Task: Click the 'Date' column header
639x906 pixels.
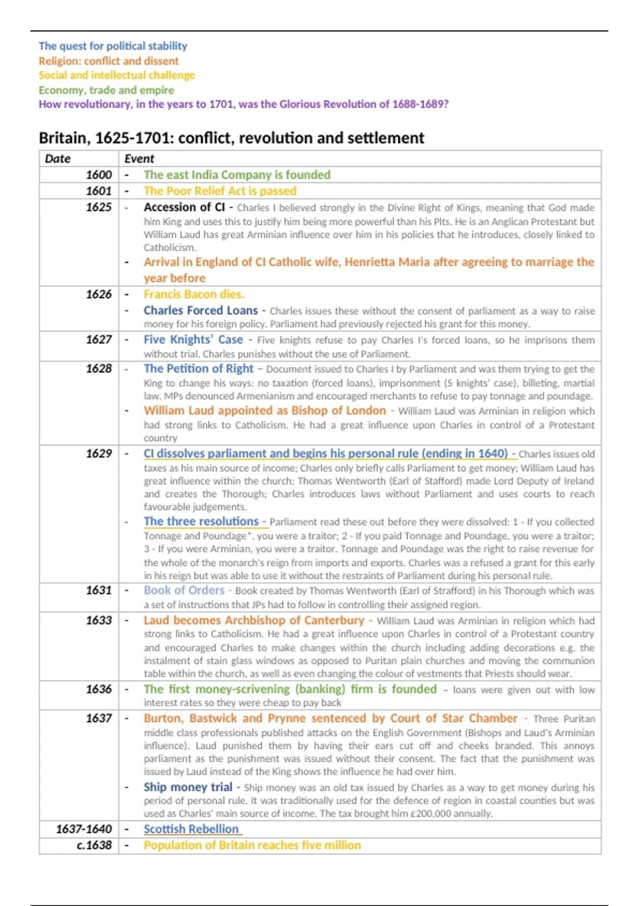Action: coord(58,159)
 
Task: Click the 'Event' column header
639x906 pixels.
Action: coord(139,159)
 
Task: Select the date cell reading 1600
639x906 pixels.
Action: coord(99,175)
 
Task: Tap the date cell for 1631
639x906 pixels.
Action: coord(99,590)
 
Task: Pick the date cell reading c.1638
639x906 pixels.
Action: coord(94,845)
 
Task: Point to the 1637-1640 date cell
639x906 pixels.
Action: coord(84,829)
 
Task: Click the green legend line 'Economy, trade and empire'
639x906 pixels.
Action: coord(106,90)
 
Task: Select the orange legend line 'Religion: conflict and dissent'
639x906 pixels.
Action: coord(108,61)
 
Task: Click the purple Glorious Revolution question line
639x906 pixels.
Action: coord(243,104)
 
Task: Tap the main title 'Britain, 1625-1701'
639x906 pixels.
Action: coord(231,138)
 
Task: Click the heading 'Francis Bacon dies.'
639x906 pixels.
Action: coord(194,294)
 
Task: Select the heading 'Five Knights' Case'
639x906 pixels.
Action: coord(193,339)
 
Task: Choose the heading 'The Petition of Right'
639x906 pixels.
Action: coord(198,369)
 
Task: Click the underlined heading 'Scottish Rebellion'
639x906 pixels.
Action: coord(191,829)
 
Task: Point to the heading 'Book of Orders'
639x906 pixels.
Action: coord(184,590)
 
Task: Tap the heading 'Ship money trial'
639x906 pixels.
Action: coord(187,787)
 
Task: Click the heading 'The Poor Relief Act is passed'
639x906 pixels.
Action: coord(220,191)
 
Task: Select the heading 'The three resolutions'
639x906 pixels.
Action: coord(201,521)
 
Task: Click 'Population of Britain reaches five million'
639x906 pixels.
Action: coord(252,845)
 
